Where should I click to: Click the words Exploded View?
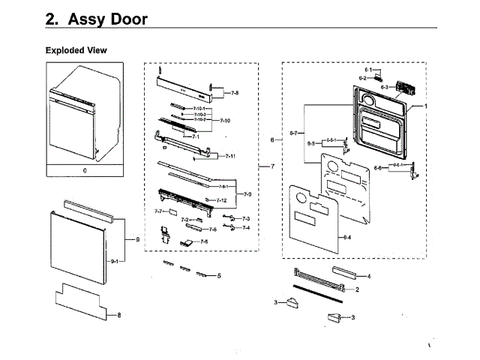[76, 50]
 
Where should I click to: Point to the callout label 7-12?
[221, 200]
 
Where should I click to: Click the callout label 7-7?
[159, 212]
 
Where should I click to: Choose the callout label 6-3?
[384, 87]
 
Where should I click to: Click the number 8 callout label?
[118, 315]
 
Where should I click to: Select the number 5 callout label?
[219, 276]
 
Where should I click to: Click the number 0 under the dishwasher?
[85, 170]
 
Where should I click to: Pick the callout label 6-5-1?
[331, 139]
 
